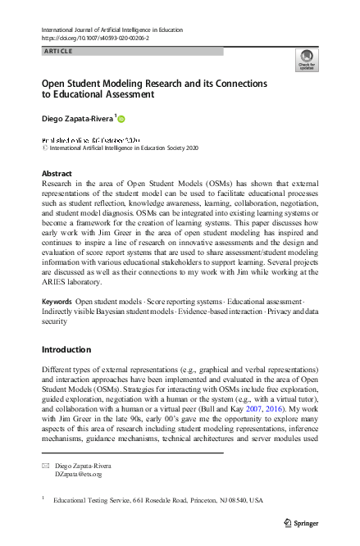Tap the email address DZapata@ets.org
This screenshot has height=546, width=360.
[x=79, y=474]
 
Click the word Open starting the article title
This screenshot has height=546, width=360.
[x=55, y=84]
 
